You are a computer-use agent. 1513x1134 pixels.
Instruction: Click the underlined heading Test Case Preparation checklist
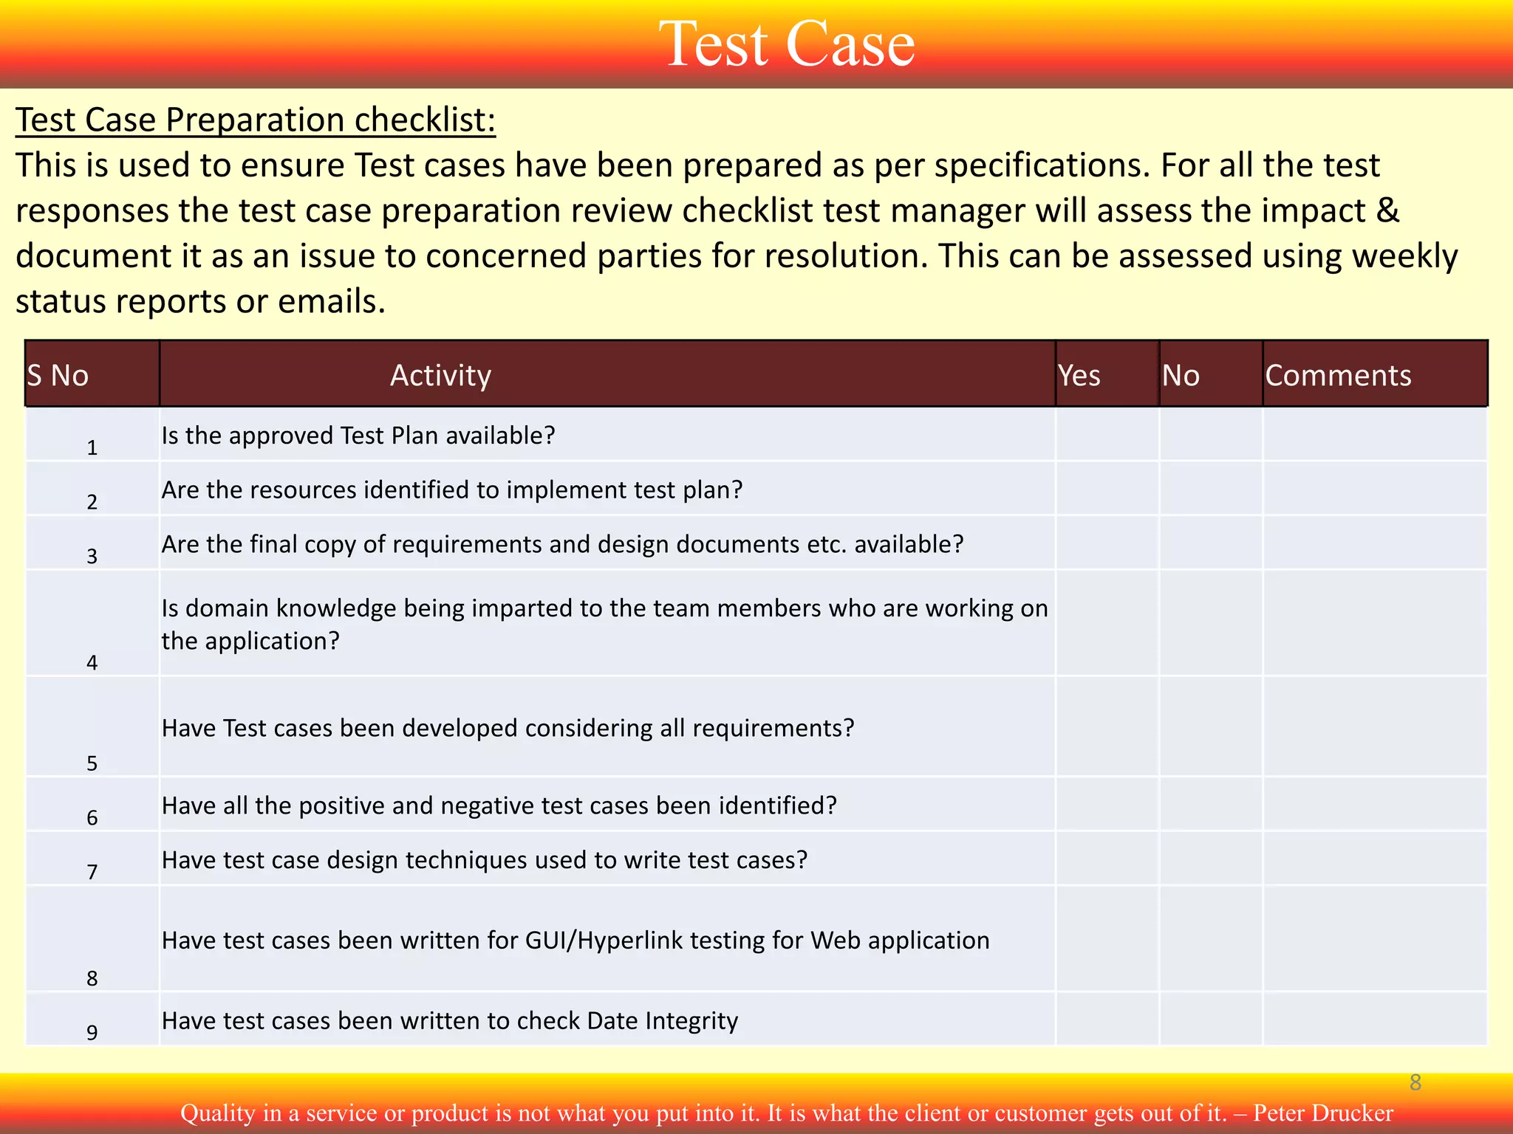point(256,120)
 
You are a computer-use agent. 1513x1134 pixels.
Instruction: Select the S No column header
point(58,375)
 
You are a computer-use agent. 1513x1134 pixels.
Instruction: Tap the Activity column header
point(440,375)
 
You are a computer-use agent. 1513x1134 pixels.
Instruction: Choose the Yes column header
point(1079,375)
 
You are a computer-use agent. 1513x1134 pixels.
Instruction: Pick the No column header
point(1181,375)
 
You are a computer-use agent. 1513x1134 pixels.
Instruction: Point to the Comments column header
point(1338,375)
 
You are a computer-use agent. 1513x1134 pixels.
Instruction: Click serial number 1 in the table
point(92,447)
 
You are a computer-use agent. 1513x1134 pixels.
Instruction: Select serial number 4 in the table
point(92,662)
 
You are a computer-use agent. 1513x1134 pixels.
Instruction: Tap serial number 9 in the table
point(92,1032)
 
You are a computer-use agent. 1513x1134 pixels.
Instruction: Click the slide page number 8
point(1415,1082)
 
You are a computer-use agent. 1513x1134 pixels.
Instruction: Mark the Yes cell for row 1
point(1107,435)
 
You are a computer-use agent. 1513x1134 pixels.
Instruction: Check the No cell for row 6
point(1210,805)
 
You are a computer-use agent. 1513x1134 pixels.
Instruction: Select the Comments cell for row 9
point(1374,1020)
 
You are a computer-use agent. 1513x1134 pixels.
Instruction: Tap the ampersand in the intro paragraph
point(1388,210)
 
